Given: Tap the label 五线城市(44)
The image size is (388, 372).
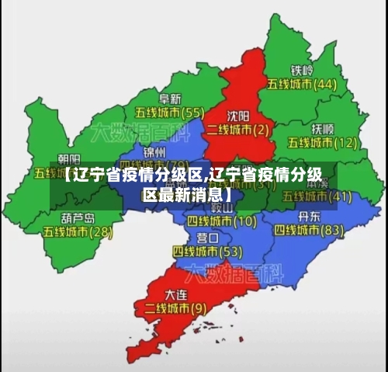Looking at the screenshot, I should (x=302, y=84).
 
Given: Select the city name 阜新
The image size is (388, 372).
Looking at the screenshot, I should (x=170, y=99).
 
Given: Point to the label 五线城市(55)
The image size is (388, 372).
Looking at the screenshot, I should (x=169, y=113).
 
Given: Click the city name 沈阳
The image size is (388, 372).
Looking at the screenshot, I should (x=238, y=113).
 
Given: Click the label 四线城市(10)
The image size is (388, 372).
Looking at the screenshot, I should (x=221, y=221).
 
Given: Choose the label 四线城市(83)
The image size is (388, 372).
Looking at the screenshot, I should (x=309, y=231).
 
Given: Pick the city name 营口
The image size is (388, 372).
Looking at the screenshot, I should (x=208, y=238).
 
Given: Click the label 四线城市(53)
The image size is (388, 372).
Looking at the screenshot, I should (x=207, y=252).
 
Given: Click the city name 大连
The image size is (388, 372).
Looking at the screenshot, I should (x=177, y=294).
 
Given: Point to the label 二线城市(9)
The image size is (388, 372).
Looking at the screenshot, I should (x=175, y=308).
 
